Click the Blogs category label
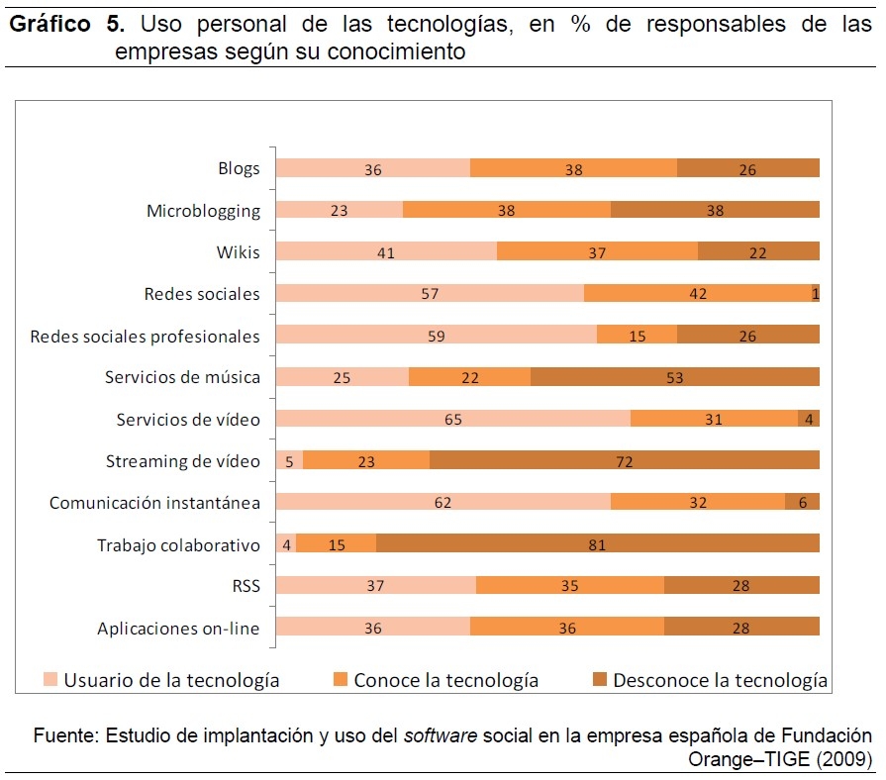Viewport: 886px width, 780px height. coord(239,168)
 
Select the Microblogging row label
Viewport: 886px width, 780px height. coord(203,210)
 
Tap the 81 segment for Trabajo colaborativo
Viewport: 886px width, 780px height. coord(597,544)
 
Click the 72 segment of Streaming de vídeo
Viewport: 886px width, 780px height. coord(624,460)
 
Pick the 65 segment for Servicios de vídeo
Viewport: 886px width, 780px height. coord(452,419)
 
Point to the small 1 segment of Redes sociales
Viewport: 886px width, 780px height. coord(815,293)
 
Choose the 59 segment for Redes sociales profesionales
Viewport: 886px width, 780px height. coord(436,336)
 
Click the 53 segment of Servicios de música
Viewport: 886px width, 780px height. coord(674,377)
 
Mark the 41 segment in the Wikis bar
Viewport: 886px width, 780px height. coord(386,252)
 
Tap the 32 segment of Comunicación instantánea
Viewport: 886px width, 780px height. coord(697,503)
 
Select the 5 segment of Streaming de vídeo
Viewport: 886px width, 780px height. coord(289,460)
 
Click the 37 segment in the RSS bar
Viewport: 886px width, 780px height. coord(375,586)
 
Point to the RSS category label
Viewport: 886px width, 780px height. coord(246,586)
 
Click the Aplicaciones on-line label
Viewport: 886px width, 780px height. coord(178,629)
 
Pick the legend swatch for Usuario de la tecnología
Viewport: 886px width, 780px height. coord(50,680)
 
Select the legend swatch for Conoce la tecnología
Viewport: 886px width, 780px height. coord(340,680)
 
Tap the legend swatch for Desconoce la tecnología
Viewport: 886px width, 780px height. coord(599,680)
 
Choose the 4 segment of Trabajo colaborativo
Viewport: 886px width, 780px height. coord(285,544)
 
